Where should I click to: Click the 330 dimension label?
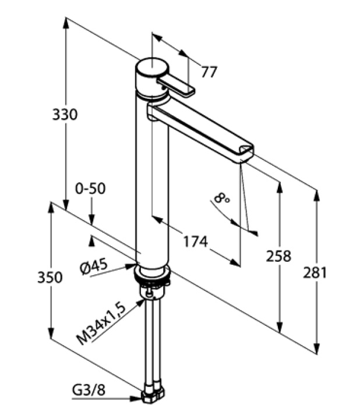(x=65, y=115)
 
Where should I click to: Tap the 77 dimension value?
(x=208, y=72)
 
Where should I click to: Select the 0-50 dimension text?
(x=90, y=189)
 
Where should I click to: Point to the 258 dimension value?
(x=278, y=255)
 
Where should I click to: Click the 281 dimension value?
(x=315, y=272)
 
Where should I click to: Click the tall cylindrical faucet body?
(x=151, y=186)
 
